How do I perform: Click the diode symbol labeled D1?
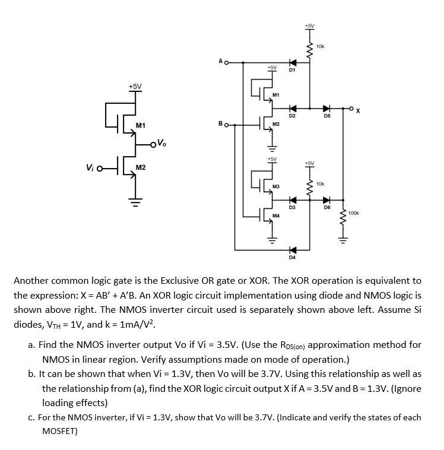coord(291,62)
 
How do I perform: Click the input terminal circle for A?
coord(226,62)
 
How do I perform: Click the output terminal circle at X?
coord(352,109)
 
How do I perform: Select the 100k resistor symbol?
coord(342,217)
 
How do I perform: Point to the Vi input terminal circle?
coord(100,168)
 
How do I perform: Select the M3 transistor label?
coord(276,186)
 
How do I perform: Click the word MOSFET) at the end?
coord(60,432)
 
